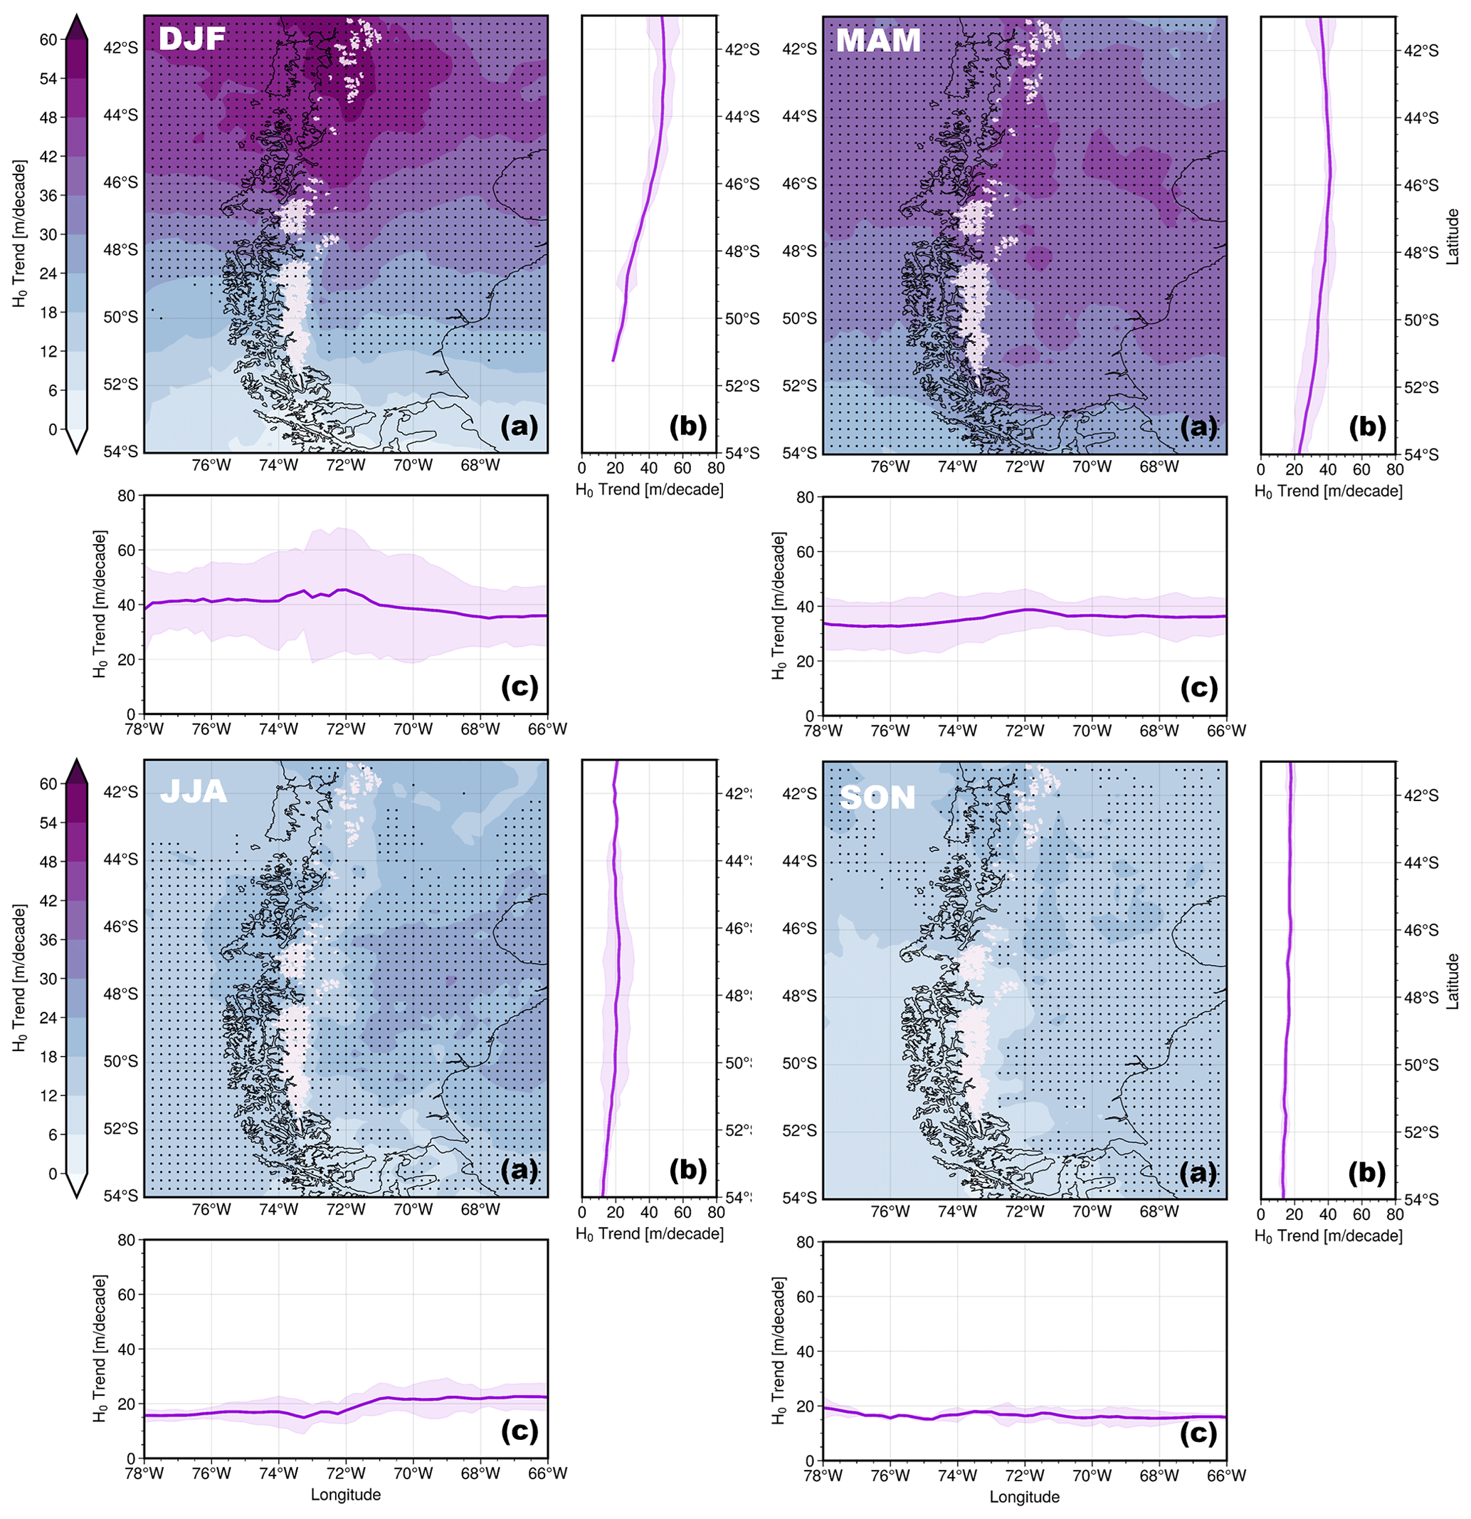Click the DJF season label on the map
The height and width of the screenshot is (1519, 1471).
[x=192, y=38]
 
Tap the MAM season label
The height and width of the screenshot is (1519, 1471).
[x=877, y=40]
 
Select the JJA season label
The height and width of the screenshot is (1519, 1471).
[x=193, y=790]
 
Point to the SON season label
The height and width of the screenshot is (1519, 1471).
[x=877, y=798]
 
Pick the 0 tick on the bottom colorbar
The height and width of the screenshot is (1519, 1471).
[x=53, y=1174]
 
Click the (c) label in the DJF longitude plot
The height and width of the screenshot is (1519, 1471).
[x=519, y=686]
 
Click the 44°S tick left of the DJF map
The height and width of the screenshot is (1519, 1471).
[x=121, y=115]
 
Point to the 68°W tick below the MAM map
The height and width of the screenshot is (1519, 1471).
[x=1159, y=466]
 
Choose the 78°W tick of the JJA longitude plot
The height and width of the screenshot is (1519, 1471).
[x=144, y=1473]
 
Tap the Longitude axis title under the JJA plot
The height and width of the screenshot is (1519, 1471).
[x=345, y=1494]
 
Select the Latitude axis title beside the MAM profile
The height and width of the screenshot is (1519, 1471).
[x=1452, y=236]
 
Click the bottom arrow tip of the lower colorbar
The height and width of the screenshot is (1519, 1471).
[x=76, y=1196]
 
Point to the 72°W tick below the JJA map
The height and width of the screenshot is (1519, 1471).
[x=345, y=1209]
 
